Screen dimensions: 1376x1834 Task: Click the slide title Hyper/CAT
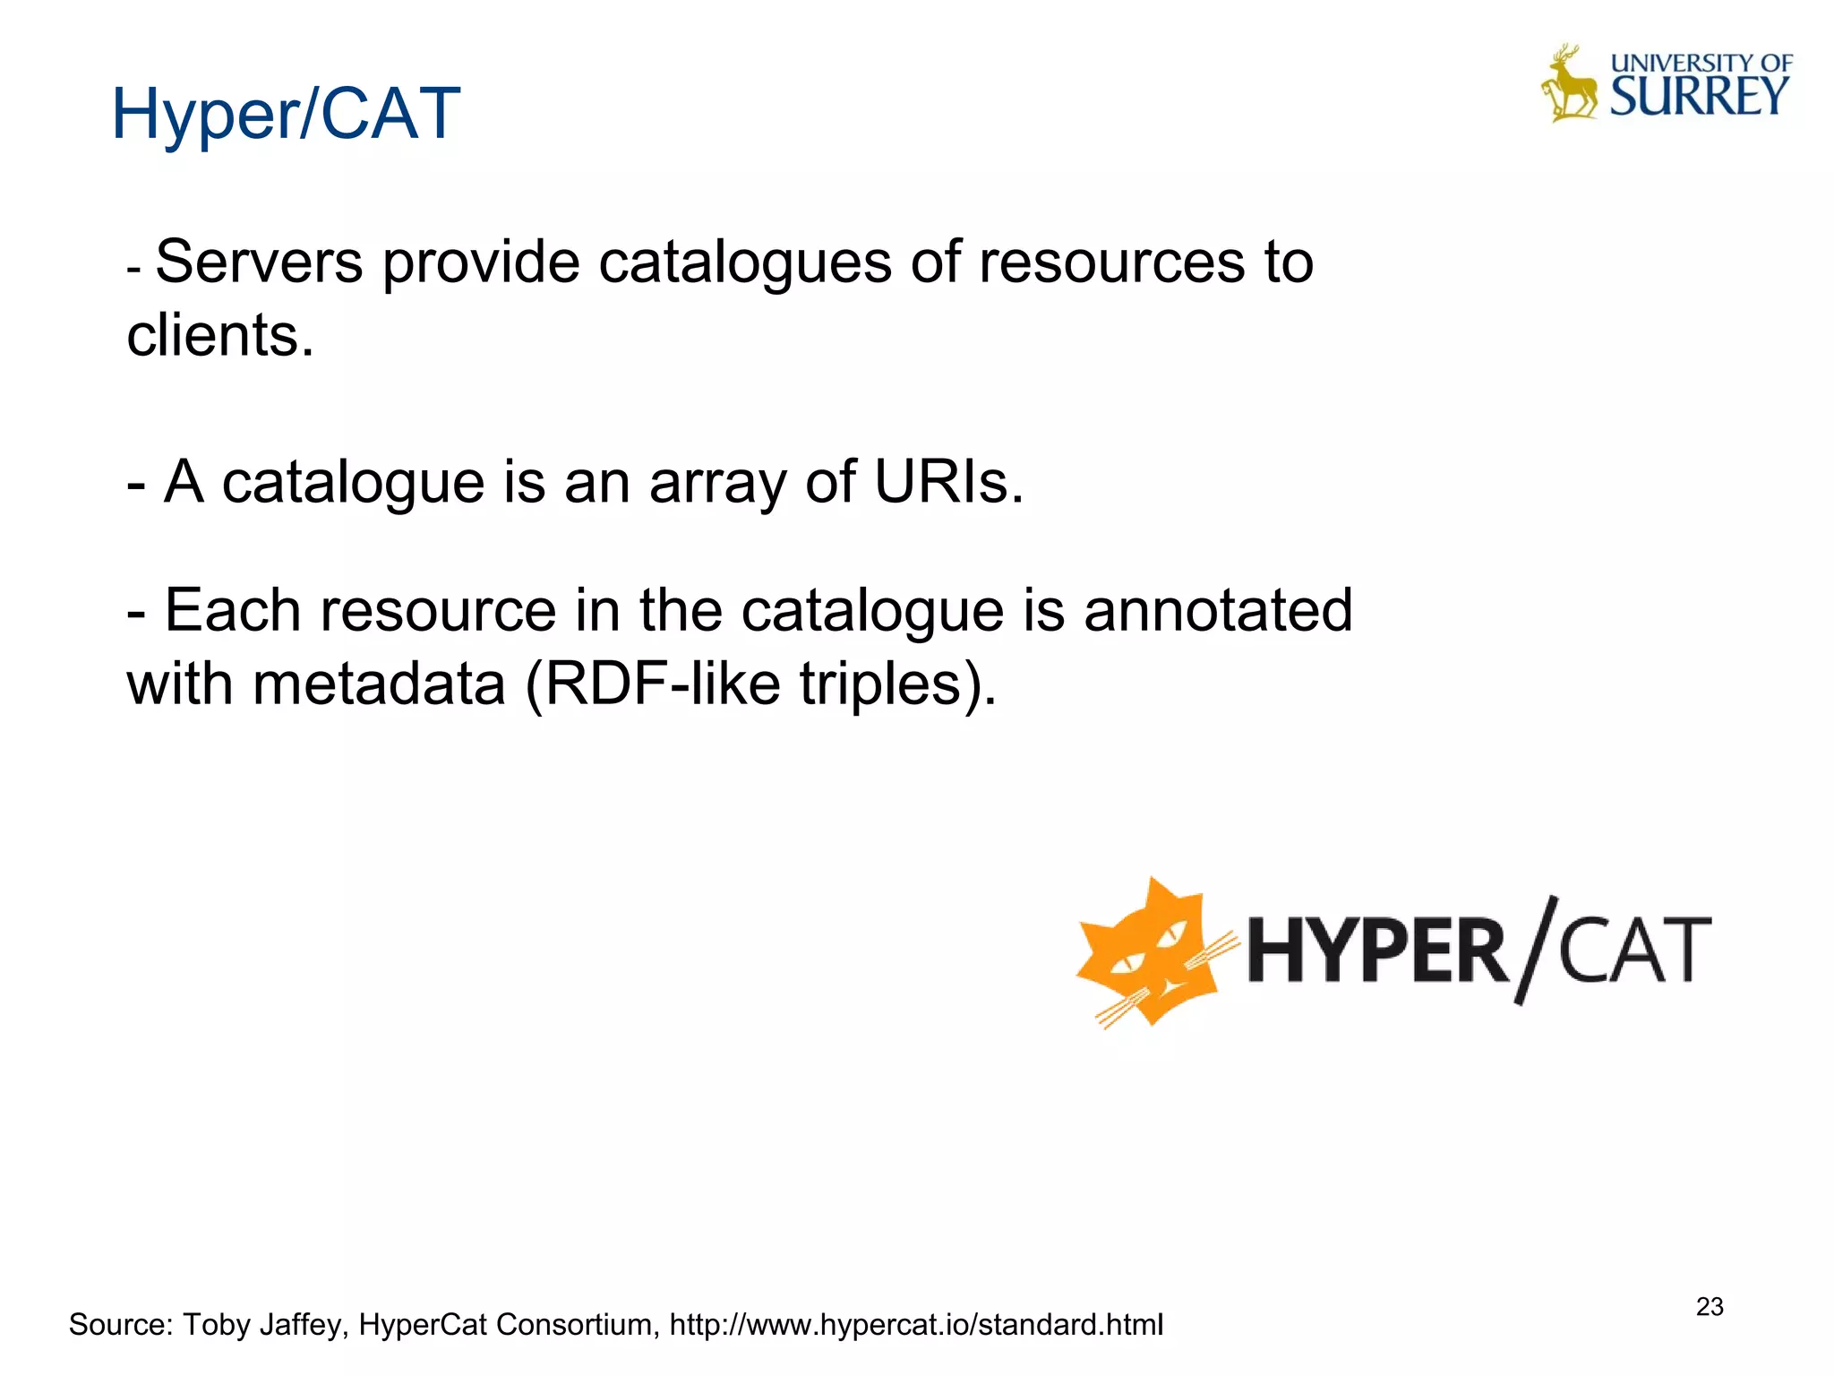pos(285,115)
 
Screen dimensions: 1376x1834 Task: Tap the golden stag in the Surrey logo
pos(1569,85)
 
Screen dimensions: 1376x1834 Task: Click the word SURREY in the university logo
pos(1699,97)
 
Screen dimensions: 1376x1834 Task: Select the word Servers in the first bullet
pos(259,262)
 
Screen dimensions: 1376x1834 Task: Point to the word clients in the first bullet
pos(220,336)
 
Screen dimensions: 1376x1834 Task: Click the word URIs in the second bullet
pos(948,482)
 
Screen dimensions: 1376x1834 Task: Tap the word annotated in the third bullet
pos(1218,611)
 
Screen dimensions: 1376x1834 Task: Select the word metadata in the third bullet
pos(380,684)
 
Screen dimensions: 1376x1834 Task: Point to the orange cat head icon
pos(1150,951)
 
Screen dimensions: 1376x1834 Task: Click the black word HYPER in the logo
pos(1376,951)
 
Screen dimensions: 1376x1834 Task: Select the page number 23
pos(1709,1307)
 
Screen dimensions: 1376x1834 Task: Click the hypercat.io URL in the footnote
pos(916,1324)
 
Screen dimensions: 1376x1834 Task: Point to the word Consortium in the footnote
pos(576,1324)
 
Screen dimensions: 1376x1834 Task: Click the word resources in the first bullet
pos(1111,262)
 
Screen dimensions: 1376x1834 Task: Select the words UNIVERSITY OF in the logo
pos(1701,63)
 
